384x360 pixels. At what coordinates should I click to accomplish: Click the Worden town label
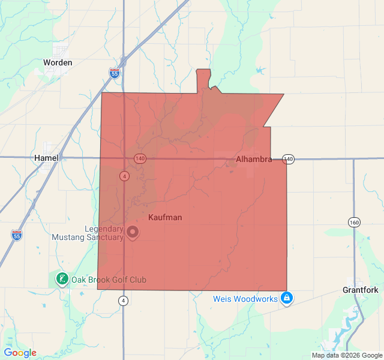[58, 62]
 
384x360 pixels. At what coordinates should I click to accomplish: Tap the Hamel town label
[46, 157]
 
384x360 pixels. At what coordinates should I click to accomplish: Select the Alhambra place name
[254, 160]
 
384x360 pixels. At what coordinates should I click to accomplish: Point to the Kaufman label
[165, 217]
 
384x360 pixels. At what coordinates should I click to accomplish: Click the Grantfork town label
[361, 290]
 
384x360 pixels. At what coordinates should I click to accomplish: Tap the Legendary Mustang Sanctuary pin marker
[133, 232]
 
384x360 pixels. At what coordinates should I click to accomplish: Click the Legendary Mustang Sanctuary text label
[104, 233]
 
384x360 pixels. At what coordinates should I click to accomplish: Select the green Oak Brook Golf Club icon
[62, 279]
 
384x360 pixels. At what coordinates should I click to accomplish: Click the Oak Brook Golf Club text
[109, 280]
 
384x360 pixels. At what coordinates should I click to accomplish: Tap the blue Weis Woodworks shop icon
[287, 298]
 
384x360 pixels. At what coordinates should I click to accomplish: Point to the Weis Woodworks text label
[245, 299]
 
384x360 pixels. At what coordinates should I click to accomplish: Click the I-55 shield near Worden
[115, 73]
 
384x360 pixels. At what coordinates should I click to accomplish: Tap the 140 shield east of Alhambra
[289, 159]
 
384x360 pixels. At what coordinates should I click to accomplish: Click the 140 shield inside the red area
[140, 158]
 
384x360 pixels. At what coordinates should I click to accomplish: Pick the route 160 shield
[354, 223]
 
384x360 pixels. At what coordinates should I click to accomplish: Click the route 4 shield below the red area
[123, 300]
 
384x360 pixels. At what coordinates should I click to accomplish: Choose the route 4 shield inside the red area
[124, 176]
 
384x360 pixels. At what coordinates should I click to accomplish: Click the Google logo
[20, 353]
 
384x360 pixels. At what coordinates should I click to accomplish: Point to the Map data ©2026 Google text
[346, 355]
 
